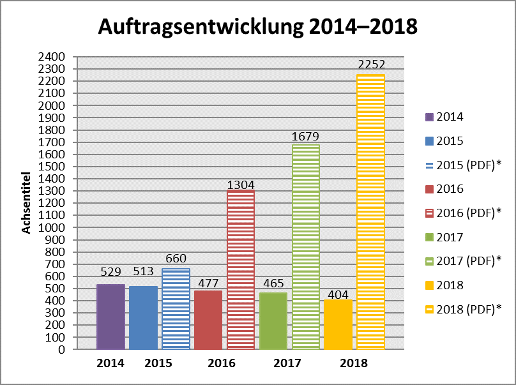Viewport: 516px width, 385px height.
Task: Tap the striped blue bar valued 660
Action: point(176,309)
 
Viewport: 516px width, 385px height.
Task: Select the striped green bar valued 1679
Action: point(306,246)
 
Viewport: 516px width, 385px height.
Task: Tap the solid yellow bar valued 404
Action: point(338,324)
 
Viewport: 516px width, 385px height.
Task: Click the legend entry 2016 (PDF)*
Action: point(462,213)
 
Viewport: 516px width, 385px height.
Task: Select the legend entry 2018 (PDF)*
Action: point(462,309)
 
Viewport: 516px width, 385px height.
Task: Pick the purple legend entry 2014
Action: point(445,116)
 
